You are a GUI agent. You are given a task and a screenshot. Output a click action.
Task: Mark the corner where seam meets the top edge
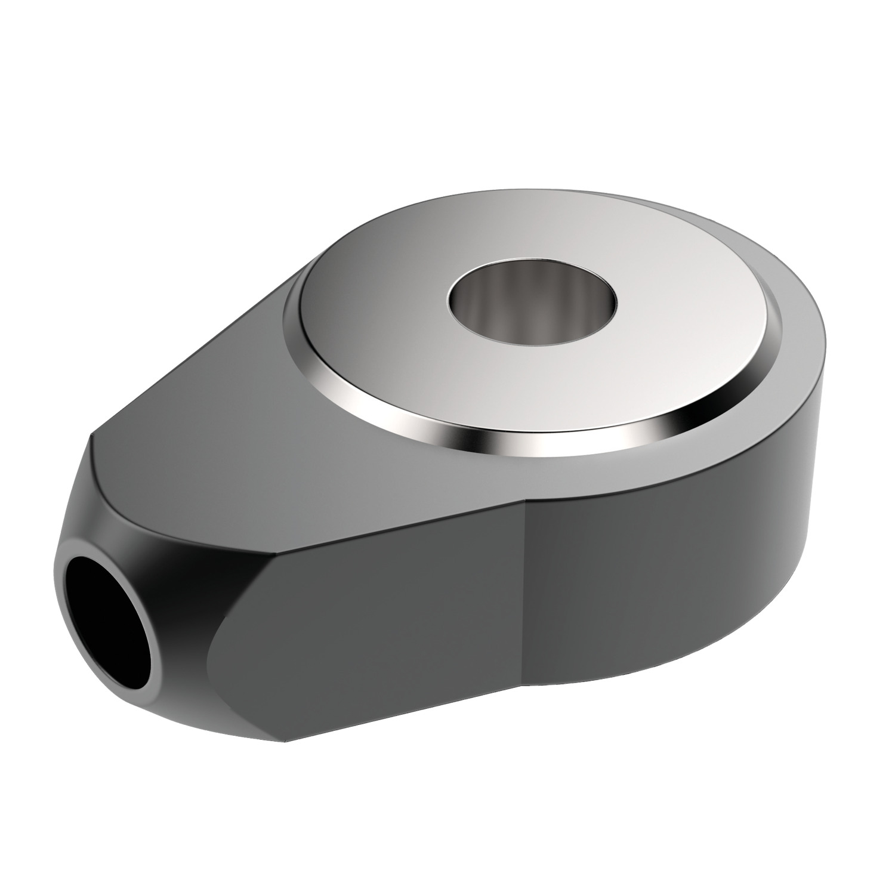click(x=524, y=497)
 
